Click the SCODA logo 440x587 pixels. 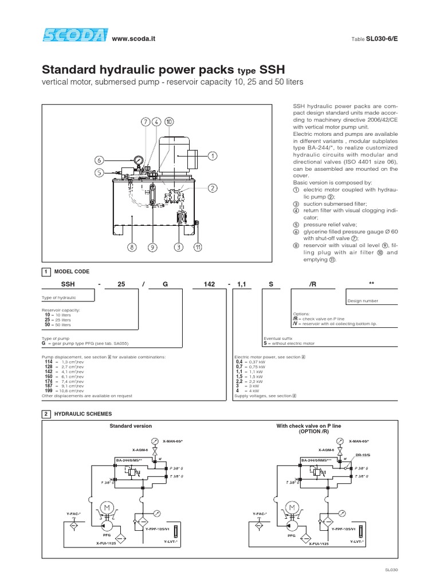73,37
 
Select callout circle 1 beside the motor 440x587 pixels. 212,155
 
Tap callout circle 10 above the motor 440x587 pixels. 168,122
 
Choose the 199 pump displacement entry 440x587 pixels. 48,390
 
